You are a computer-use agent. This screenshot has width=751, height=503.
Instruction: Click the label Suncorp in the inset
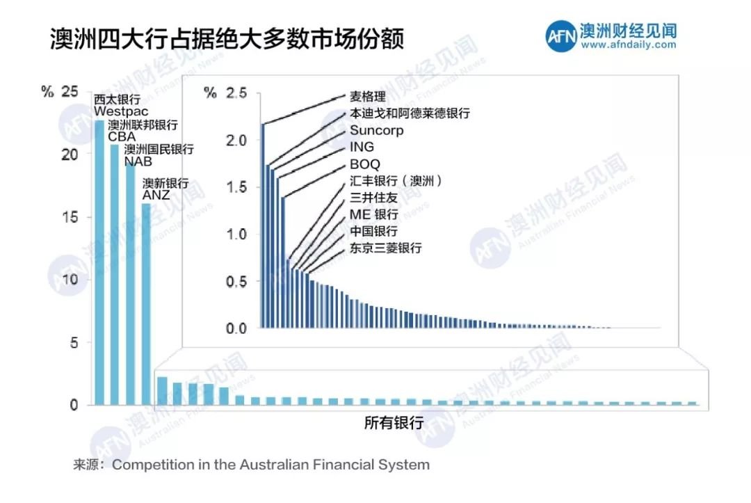pos(376,130)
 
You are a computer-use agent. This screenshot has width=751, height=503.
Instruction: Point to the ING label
pos(362,147)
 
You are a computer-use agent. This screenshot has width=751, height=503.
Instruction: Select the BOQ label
pos(365,164)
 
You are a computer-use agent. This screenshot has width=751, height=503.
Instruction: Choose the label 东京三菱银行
pos(385,248)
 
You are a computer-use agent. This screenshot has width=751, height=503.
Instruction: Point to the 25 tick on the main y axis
pos(70,91)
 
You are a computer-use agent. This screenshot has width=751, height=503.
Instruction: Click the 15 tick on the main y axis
pos(70,217)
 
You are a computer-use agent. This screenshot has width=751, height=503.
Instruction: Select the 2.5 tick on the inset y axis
pos(237,93)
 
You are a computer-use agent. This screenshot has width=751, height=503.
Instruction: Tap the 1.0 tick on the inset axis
pos(237,234)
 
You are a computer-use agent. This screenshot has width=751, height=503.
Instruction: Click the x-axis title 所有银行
pos(394,422)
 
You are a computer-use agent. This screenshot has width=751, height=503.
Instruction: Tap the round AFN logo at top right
pos(561,35)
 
